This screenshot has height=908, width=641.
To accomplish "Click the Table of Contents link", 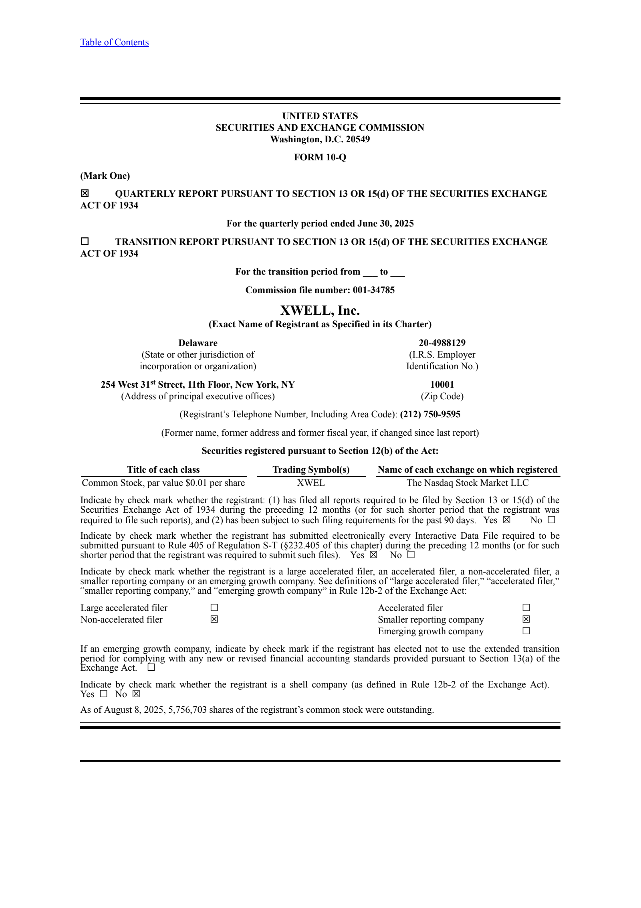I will [x=114, y=42].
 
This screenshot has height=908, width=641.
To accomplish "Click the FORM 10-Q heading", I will [x=320, y=157].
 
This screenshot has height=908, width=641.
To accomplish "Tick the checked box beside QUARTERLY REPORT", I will [x=85, y=194].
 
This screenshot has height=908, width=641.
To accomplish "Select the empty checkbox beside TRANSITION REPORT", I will [x=85, y=241].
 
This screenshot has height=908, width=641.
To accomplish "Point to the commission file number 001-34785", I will [x=373, y=290].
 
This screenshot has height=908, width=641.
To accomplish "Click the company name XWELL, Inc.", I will [x=320, y=311].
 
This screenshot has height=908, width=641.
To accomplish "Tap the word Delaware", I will [x=198, y=343].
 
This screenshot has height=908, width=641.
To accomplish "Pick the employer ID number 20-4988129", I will [x=442, y=343].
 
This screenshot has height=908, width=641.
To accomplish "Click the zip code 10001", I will [x=442, y=384].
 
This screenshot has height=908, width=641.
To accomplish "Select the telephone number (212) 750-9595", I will [x=430, y=414].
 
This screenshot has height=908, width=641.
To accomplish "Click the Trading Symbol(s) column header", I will [x=311, y=469].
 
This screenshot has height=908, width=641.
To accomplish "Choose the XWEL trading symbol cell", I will [x=311, y=483].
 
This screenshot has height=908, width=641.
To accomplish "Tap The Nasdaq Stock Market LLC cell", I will [x=468, y=483].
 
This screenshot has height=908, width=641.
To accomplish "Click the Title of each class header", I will [x=163, y=469].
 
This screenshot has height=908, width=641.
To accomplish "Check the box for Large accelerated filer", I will [x=214, y=608].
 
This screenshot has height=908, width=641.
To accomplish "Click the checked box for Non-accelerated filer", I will [x=214, y=619].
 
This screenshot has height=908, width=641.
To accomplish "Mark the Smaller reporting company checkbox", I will [x=526, y=619].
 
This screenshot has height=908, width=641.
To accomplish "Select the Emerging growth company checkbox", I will [x=526, y=631].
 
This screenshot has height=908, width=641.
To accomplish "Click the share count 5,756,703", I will [x=187, y=710].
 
